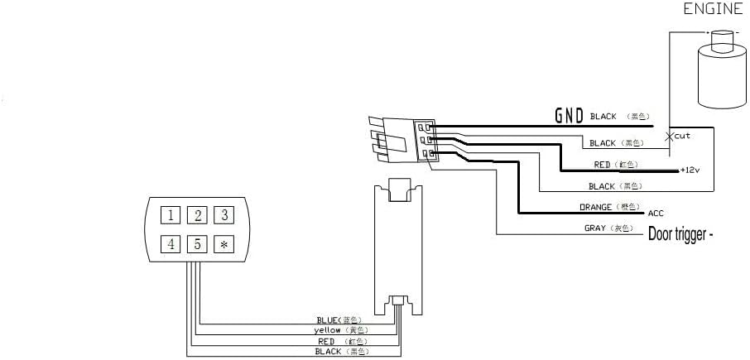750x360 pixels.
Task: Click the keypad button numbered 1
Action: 170,216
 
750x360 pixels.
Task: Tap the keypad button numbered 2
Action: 197,216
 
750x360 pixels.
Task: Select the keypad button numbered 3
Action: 224,216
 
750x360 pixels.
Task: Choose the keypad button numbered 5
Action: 197,244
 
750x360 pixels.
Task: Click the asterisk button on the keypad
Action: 224,244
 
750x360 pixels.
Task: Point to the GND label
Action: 569,116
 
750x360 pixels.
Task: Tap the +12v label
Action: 690,170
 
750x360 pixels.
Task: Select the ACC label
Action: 656,213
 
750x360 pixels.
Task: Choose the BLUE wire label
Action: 329,319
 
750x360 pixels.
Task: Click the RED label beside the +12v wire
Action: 603,165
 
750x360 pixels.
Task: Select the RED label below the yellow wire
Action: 326,340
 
